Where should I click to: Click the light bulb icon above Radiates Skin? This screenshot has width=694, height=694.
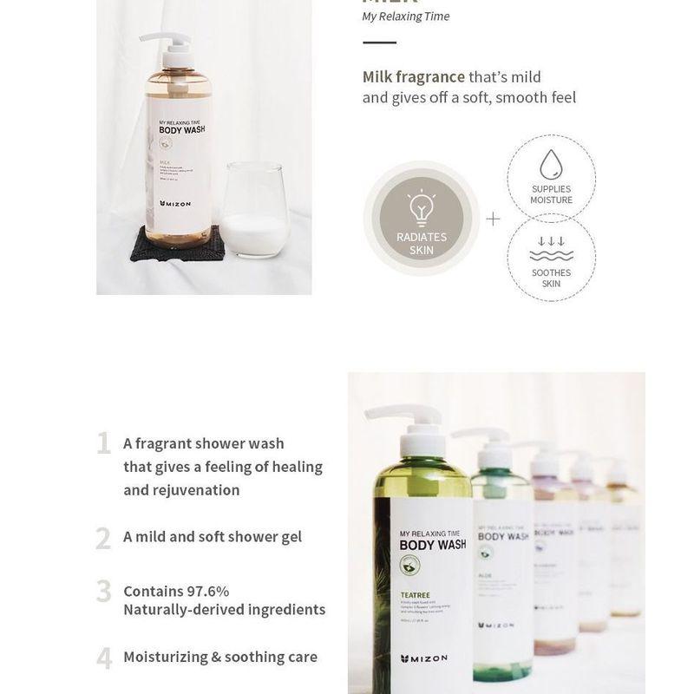tap(421, 207)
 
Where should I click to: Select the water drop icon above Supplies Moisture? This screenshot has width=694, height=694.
tap(551, 165)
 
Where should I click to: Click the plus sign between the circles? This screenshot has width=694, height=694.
tap(493, 219)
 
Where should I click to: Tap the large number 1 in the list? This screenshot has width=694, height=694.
tap(104, 444)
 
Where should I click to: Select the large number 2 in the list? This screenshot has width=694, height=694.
tap(103, 539)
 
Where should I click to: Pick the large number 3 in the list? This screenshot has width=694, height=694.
tap(103, 592)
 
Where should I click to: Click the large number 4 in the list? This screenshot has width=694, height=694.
tap(104, 658)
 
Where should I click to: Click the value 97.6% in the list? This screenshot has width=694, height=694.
tap(208, 591)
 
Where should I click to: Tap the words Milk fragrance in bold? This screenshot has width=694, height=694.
tap(414, 77)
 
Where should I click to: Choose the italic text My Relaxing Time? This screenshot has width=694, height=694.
tap(406, 16)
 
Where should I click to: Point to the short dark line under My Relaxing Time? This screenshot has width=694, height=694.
tap(379, 42)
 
